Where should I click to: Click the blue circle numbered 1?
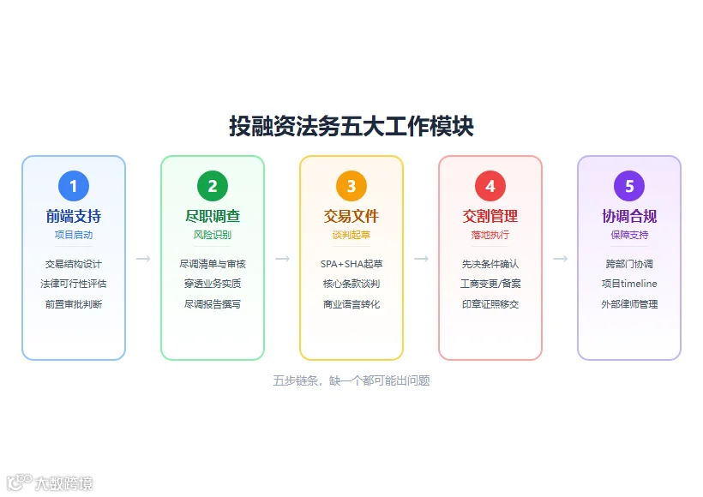click(74, 186)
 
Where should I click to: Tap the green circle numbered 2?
click(213, 186)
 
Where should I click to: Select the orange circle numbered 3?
click(351, 186)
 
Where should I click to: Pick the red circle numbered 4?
click(490, 186)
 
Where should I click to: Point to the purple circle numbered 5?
click(629, 186)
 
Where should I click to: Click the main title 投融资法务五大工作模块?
click(351, 126)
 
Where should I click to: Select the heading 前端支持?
click(74, 217)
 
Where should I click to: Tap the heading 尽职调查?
click(213, 217)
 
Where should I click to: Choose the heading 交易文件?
click(351, 217)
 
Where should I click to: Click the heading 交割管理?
click(490, 217)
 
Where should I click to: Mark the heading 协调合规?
click(629, 217)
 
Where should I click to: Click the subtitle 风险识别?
click(213, 235)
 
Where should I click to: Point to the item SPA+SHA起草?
click(351, 264)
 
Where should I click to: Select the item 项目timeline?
click(629, 284)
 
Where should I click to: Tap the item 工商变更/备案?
click(490, 284)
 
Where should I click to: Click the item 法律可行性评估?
click(74, 284)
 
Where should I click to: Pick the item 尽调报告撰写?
click(213, 304)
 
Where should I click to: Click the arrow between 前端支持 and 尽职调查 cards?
click(143, 259)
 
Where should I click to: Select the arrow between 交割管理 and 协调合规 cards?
click(560, 259)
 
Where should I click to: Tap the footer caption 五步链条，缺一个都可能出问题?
click(351, 380)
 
